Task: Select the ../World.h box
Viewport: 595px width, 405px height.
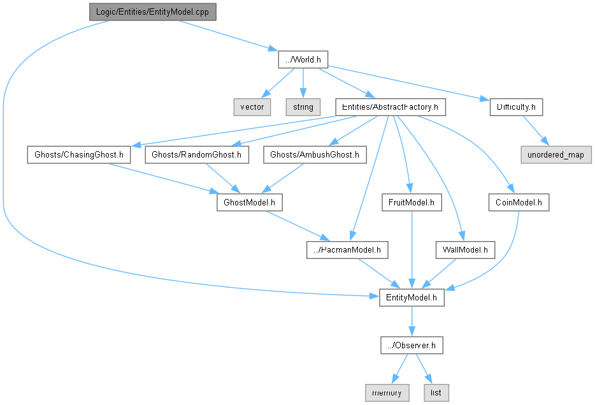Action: pyautogui.click(x=303, y=59)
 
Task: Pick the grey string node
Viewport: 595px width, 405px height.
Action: pyautogui.click(x=303, y=107)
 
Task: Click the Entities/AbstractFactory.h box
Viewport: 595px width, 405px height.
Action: pyautogui.click(x=390, y=107)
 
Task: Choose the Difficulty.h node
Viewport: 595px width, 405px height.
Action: pyautogui.click(x=515, y=107)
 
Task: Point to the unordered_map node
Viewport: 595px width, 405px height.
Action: pyautogui.click(x=556, y=154)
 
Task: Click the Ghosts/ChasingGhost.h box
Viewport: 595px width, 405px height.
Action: pyautogui.click(x=79, y=154)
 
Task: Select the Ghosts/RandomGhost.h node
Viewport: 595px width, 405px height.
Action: pyautogui.click(x=197, y=154)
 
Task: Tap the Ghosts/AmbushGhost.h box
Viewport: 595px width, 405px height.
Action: pyautogui.click(x=315, y=154)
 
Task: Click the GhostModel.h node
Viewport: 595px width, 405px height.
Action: pyautogui.click(x=249, y=202)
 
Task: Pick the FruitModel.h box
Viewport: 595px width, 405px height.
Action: pyautogui.click(x=412, y=202)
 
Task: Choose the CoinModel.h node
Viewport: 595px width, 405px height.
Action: pyautogui.click(x=519, y=202)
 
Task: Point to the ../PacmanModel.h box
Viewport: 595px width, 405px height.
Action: pyautogui.click(x=347, y=250)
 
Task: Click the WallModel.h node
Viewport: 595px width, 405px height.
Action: pyautogui.click(x=465, y=250)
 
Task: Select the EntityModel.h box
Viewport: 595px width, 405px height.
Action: pyautogui.click(x=412, y=297)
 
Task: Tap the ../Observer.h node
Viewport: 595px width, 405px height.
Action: pyautogui.click(x=412, y=345)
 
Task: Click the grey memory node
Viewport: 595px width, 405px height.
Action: pyautogui.click(x=387, y=393)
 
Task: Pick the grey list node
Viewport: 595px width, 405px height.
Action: pyautogui.click(x=436, y=393)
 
